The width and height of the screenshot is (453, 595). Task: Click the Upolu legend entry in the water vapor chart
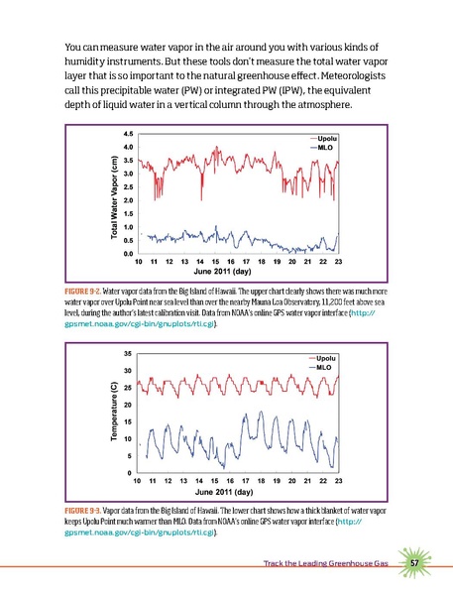(x=324, y=138)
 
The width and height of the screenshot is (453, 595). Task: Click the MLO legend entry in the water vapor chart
(x=322, y=148)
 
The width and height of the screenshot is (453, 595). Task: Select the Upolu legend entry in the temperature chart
(x=324, y=356)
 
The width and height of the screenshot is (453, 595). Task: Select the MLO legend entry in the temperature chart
(x=322, y=366)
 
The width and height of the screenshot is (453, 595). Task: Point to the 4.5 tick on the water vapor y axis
(x=129, y=133)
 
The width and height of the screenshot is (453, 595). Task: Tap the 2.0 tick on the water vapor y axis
(x=129, y=200)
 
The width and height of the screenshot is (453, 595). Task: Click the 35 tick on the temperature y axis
(x=129, y=353)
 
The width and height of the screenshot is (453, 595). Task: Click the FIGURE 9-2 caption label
(x=83, y=288)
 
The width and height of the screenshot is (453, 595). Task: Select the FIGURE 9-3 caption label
(x=83, y=508)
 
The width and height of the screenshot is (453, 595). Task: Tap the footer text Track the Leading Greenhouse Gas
(x=324, y=563)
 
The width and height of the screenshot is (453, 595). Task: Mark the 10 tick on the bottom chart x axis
(x=139, y=480)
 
